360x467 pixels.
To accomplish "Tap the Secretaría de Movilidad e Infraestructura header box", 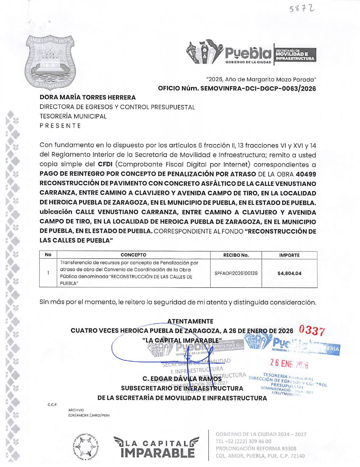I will (295, 54).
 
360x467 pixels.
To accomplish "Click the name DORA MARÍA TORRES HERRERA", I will (88, 97).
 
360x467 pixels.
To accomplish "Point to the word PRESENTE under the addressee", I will (60, 126).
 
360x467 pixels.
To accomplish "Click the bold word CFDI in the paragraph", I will (105, 164).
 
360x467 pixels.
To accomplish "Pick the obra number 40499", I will (306, 174).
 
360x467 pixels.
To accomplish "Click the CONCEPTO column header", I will (133, 255).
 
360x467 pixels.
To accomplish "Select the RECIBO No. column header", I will (236, 255).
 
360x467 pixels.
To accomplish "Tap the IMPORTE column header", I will (289, 255).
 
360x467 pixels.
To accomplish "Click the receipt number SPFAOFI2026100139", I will (236, 273).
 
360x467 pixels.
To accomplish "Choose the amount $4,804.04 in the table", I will (289, 274).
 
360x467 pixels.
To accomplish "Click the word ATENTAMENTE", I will (190, 321).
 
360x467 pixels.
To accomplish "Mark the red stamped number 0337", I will (312, 331).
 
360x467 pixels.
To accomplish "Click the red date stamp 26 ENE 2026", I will (289, 363).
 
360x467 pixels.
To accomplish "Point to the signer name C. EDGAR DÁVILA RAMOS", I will (182, 379).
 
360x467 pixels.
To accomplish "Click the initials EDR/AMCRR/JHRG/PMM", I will (89, 415).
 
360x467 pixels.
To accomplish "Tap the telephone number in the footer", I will (243, 441).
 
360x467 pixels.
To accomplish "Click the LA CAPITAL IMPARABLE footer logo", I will (156, 447).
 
